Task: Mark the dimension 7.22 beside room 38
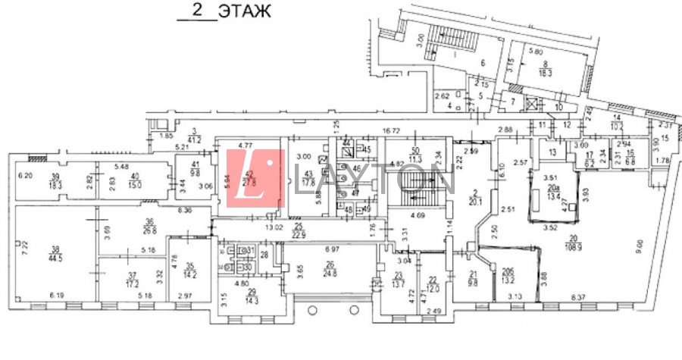point(23,247)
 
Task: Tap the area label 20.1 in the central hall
point(475,201)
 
